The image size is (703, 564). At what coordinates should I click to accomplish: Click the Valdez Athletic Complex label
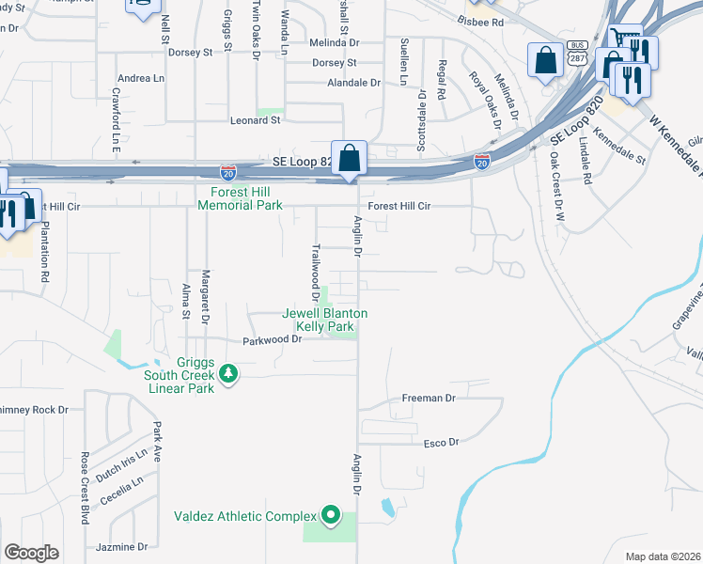245,516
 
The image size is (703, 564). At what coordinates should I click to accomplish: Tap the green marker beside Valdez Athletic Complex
330,515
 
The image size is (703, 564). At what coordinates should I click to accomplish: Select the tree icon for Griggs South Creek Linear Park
227,375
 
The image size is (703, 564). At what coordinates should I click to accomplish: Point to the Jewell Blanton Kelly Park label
326,320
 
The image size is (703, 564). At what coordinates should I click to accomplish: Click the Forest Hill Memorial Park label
240,198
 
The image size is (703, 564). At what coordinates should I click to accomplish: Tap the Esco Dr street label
440,443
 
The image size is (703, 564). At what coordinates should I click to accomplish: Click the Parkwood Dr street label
272,340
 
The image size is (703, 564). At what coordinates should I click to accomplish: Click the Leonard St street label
256,120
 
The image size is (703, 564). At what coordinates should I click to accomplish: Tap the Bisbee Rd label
479,21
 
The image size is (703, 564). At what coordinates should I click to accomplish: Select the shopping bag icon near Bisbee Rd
545,64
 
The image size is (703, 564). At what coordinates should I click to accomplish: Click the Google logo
31,553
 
